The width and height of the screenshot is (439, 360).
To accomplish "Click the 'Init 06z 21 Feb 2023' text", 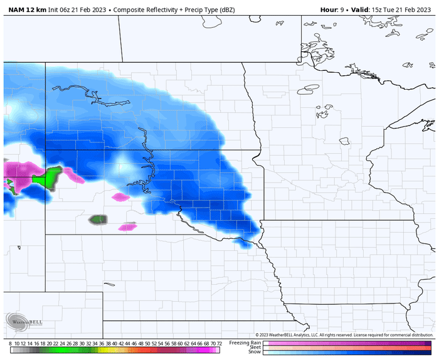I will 74,10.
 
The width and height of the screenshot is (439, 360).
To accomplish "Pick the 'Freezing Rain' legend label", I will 245,342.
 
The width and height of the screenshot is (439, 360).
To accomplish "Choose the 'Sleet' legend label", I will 254,347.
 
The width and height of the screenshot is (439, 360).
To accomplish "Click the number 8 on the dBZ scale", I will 11,344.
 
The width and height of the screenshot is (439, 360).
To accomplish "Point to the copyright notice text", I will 344,335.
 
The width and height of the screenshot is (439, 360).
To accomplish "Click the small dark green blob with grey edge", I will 98,220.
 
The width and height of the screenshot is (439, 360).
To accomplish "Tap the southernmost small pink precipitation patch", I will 128,226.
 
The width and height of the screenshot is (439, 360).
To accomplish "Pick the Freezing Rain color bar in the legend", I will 347,342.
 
